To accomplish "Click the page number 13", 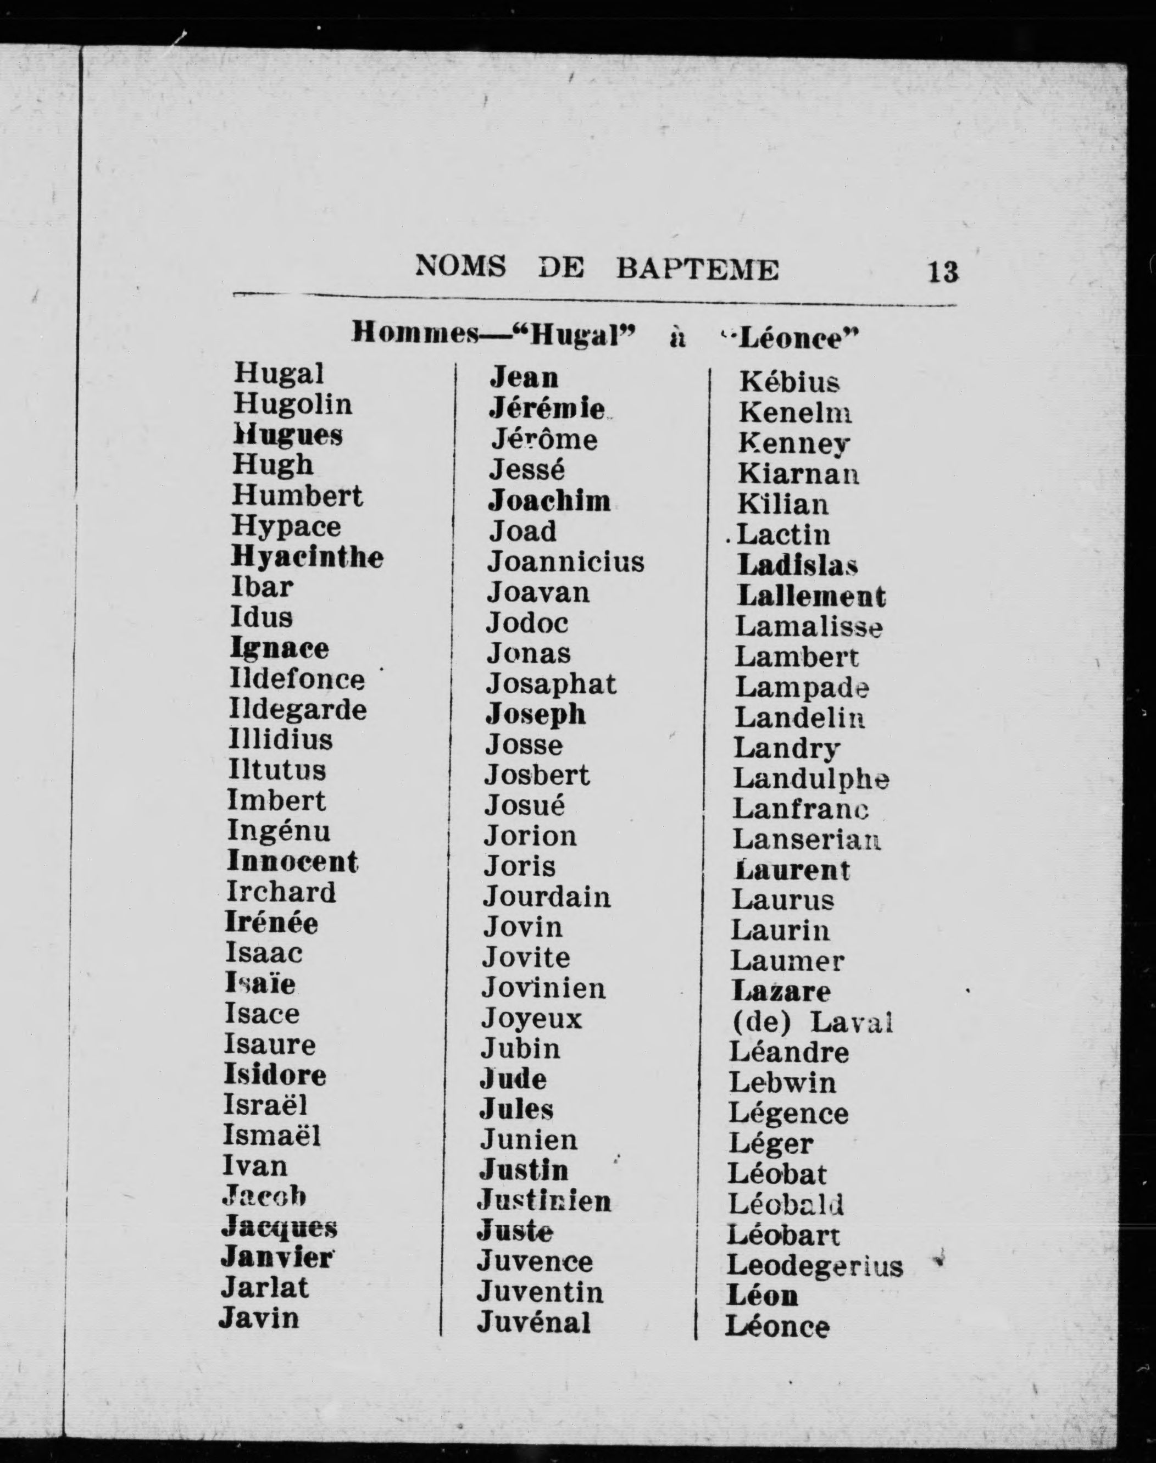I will [943, 272].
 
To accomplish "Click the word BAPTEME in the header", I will [697, 269].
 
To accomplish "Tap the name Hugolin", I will [293, 405].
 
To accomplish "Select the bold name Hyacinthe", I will [307, 558].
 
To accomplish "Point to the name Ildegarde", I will [298, 710].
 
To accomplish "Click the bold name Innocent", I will [292, 861].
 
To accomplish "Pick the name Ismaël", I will [272, 1136].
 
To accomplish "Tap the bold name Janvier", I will [277, 1258].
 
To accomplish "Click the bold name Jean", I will [524, 377].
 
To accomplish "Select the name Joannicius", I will [566, 561].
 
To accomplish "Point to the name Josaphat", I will [551, 684].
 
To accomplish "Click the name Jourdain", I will [547, 897].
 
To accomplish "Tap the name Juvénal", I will [533, 1322].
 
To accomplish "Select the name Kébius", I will [789, 382].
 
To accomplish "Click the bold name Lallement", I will [811, 596].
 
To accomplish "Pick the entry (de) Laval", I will [812, 1022].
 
